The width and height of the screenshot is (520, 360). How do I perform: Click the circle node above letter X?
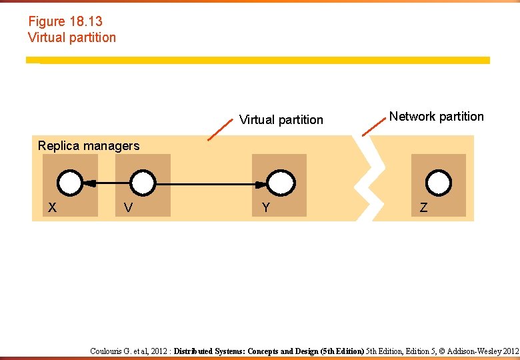[70, 182]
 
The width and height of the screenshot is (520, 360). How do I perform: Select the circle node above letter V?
[143, 182]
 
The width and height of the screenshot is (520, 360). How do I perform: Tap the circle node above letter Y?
[281, 182]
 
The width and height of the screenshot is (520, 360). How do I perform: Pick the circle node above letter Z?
[439, 182]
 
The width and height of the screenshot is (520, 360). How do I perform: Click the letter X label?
[52, 208]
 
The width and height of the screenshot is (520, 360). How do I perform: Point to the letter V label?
[128, 208]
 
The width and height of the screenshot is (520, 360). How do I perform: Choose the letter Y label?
[266, 208]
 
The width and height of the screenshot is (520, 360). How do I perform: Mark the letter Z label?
[424, 208]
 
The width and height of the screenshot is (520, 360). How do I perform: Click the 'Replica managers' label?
[89, 146]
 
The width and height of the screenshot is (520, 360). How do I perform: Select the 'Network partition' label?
[437, 117]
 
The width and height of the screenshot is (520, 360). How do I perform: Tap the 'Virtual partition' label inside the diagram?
[281, 120]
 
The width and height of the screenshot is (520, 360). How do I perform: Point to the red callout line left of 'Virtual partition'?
[220, 131]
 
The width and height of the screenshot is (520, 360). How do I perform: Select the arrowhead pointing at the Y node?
[263, 183]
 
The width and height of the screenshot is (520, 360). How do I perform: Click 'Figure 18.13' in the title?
[65, 22]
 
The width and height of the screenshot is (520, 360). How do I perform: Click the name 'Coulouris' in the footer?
[108, 351]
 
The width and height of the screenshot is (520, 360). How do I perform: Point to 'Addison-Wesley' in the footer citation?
[477, 351]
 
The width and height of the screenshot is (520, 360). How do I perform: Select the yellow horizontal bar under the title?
[258, 60]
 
